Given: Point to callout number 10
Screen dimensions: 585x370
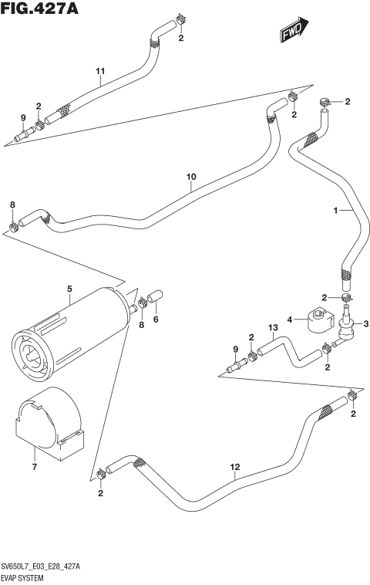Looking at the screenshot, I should click(x=191, y=177).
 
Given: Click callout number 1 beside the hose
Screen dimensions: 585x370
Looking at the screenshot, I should click(x=335, y=210).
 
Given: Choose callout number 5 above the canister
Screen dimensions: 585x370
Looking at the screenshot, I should click(x=69, y=289).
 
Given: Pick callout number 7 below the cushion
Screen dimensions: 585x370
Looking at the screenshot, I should click(x=33, y=467).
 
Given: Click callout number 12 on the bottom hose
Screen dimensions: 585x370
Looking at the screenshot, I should click(x=235, y=467).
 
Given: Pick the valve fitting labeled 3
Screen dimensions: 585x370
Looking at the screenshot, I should click(x=345, y=328).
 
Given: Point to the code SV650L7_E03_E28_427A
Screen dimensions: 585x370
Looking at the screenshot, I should click(x=46, y=567).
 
